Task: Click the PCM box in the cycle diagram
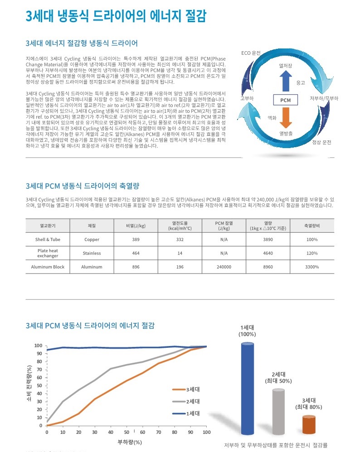(285, 100)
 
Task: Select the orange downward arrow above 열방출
(285, 117)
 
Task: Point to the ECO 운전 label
(251, 53)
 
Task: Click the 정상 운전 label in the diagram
(321, 142)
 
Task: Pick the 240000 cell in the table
(224, 267)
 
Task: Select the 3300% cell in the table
(312, 267)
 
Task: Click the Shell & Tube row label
(48, 239)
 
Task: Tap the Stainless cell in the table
(92, 253)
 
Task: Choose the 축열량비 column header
(312, 225)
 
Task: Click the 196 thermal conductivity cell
(180, 267)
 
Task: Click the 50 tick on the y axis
(39, 385)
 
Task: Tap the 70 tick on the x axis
(158, 433)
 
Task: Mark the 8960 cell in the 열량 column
(268, 267)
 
